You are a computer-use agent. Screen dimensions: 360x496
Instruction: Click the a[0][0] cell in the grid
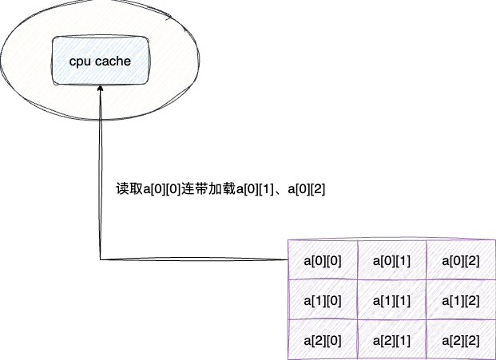323,260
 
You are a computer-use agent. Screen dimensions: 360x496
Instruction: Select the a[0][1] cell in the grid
391,260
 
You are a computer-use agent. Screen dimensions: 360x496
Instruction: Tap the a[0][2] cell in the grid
459,260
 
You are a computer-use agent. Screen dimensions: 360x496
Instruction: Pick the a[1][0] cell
323,300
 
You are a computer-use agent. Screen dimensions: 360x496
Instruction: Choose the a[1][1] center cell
391,300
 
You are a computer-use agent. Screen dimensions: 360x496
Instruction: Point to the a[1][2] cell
459,300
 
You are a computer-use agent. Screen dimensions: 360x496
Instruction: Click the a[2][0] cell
323,340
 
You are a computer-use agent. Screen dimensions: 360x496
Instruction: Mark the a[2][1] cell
391,340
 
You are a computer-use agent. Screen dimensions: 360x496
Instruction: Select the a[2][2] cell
459,340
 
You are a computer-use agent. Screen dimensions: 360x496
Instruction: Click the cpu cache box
100,61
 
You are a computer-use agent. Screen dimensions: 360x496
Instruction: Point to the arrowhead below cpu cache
100,90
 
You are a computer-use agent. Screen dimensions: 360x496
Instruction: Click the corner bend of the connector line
101,259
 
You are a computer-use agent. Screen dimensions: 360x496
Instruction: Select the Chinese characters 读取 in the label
129,189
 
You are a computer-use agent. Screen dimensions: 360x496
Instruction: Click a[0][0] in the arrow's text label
161,189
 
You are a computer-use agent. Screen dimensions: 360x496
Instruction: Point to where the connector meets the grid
288,259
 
